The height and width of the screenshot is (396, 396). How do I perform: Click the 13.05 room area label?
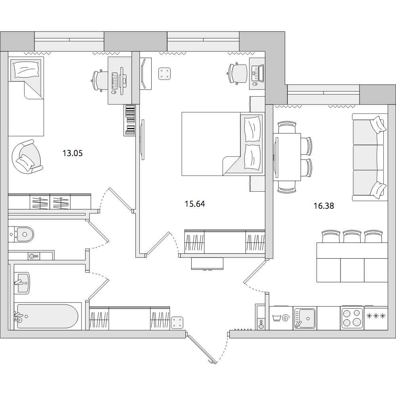(72, 153)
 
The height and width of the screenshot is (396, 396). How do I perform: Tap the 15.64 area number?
(195, 204)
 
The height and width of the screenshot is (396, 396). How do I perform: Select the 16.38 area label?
(324, 206)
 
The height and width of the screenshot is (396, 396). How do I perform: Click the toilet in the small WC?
(21, 234)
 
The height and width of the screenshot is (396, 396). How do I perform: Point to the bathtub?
(48, 316)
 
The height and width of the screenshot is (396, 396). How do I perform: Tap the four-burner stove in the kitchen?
(352, 318)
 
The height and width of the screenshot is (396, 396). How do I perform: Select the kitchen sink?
(305, 318)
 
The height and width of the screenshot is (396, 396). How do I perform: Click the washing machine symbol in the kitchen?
(281, 318)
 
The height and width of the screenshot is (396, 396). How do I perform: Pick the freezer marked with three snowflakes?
(376, 318)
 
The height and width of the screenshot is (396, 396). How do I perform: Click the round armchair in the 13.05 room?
(27, 157)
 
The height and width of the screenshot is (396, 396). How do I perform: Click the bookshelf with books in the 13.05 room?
(130, 120)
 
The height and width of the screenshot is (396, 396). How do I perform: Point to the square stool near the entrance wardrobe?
(177, 322)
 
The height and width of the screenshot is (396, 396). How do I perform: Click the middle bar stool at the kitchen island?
(352, 236)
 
